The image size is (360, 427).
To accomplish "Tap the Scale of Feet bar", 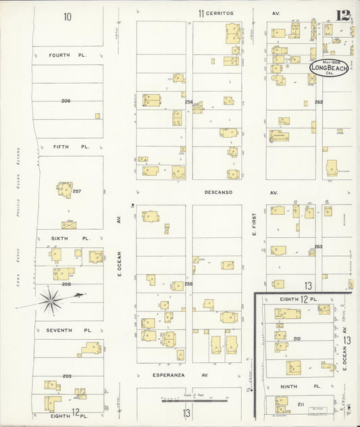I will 196,401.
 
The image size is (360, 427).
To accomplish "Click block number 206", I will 66,101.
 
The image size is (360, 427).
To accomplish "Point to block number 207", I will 77,191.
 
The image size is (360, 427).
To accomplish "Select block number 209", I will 67,376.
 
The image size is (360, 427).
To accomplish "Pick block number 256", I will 188,102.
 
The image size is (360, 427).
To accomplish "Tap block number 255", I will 188,284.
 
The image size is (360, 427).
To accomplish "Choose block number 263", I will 317,247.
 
